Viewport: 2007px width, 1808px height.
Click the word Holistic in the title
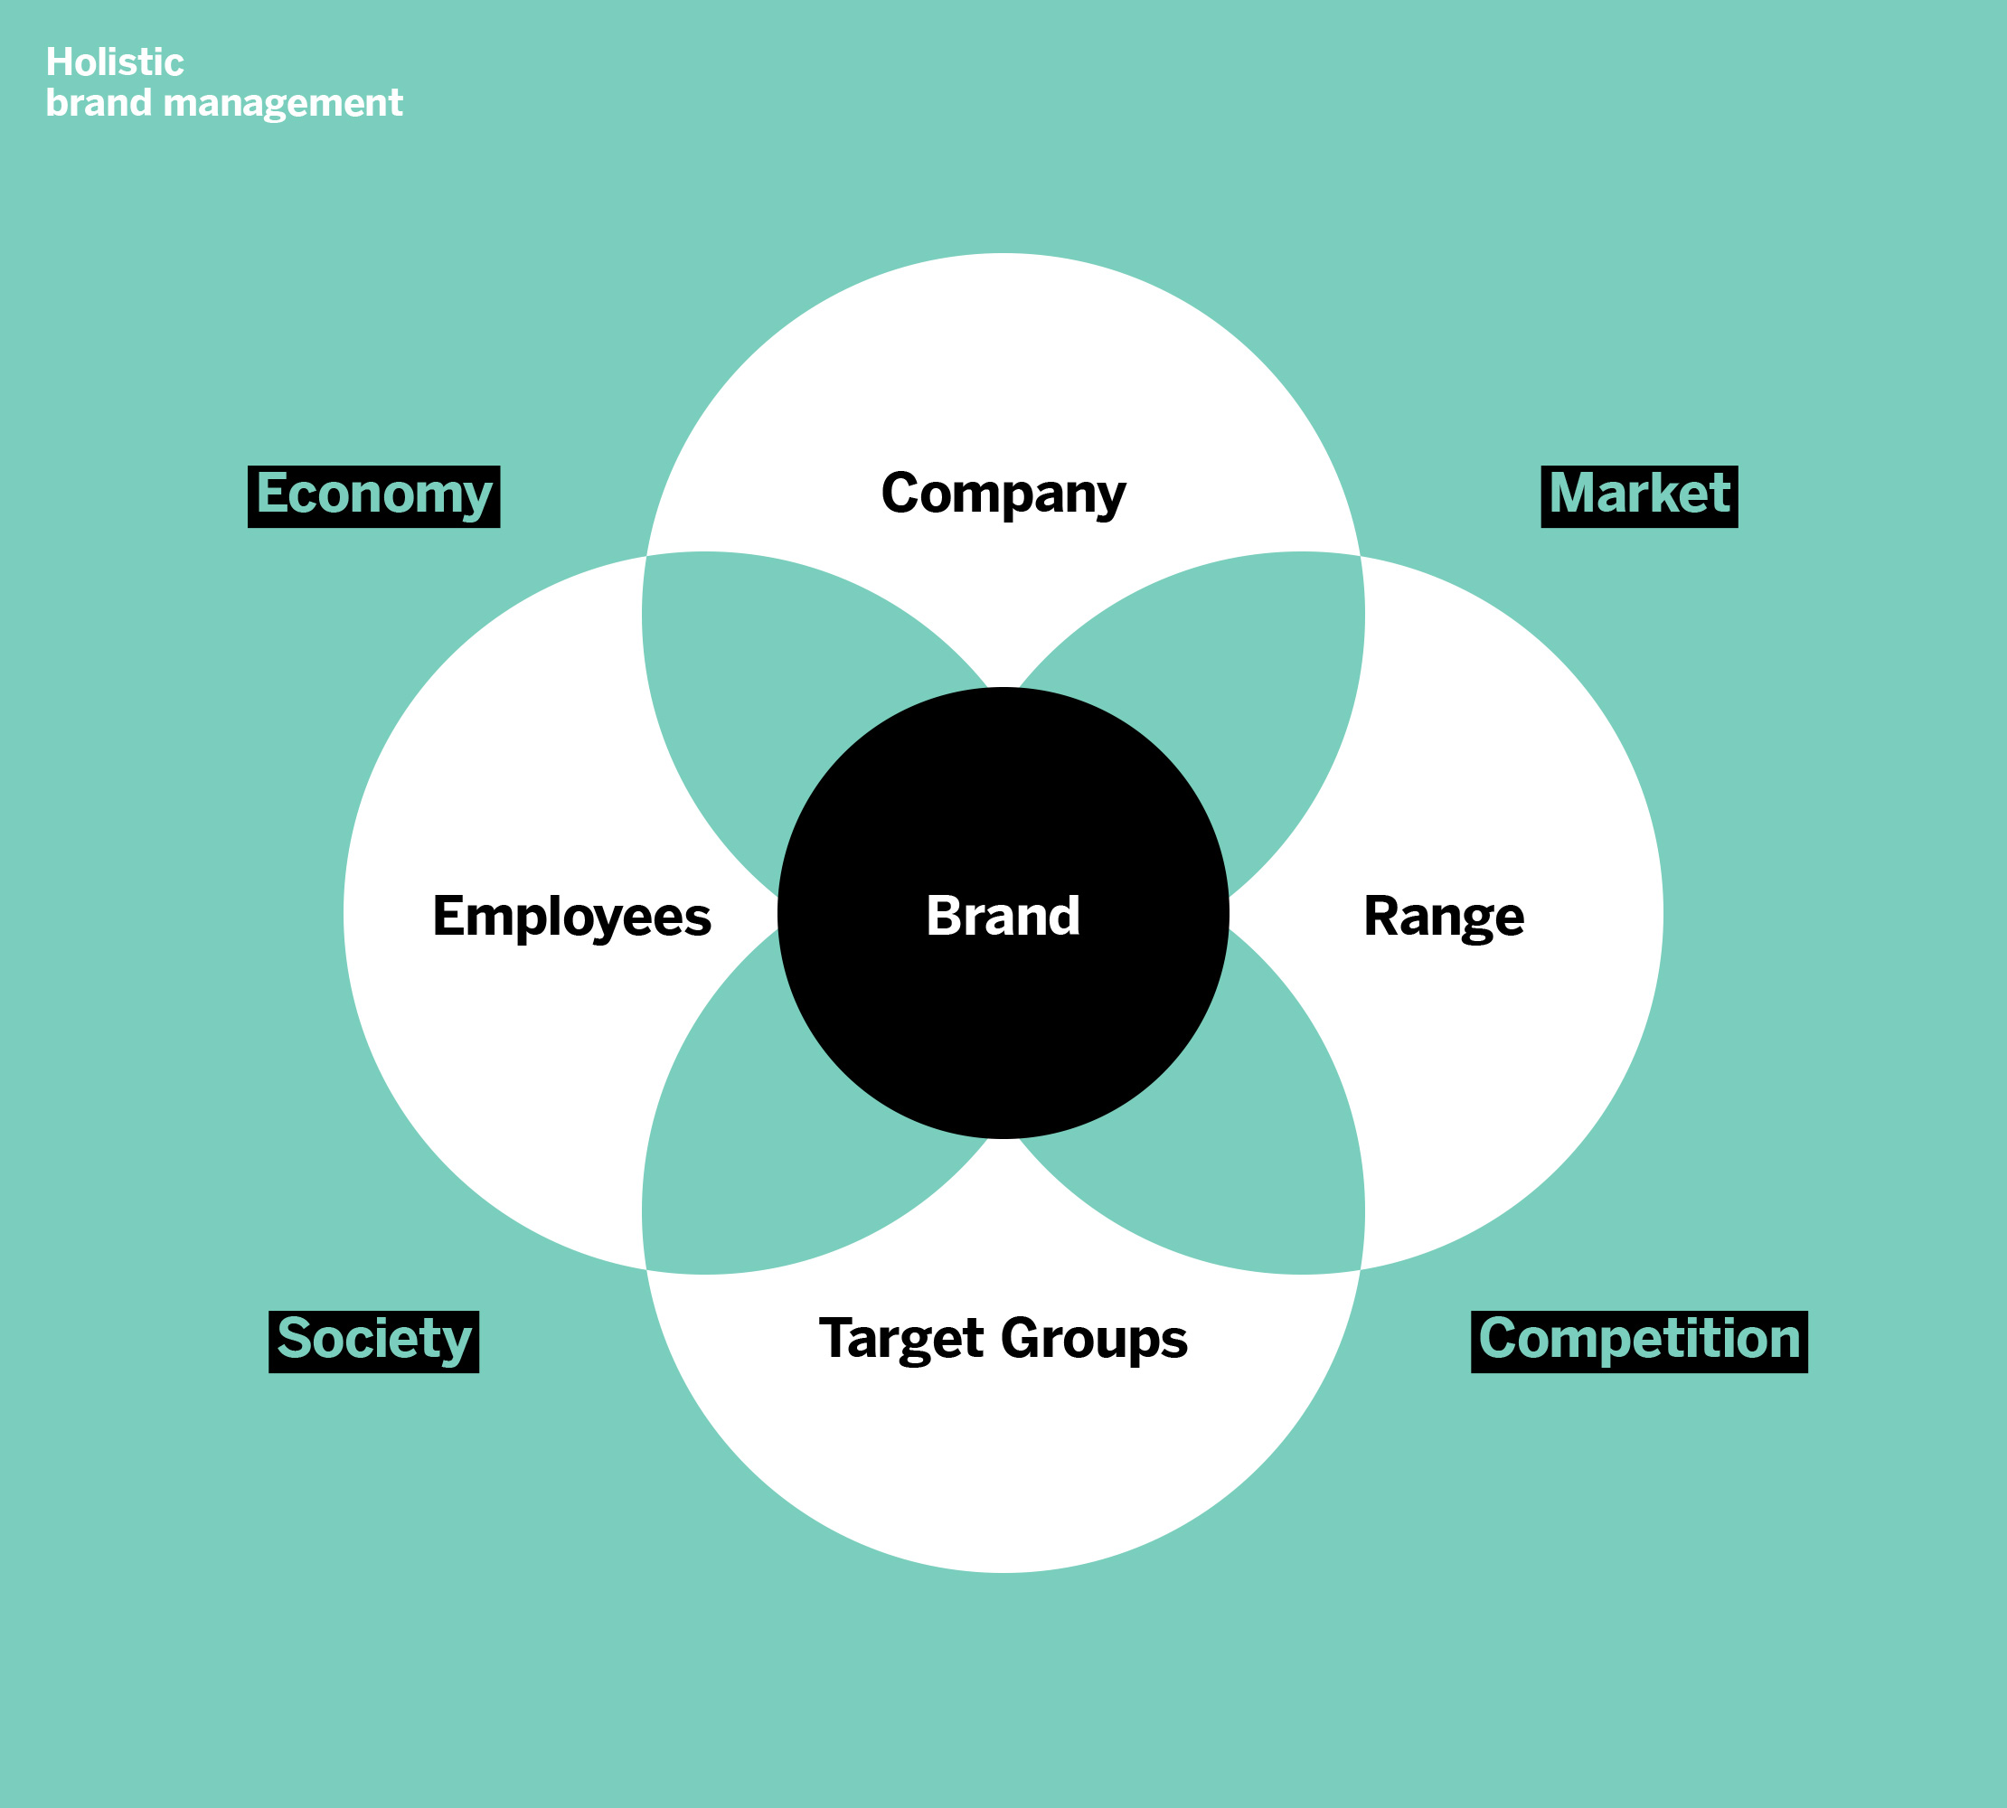point(114,62)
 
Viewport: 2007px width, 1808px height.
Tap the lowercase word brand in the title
point(99,103)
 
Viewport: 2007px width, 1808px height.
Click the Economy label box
point(373,495)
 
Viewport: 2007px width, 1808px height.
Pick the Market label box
point(1638,495)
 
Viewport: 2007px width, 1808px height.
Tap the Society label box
point(373,1342)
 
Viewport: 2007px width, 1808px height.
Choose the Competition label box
point(1638,1342)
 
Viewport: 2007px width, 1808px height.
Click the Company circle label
point(1003,494)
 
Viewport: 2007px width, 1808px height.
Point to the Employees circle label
point(571,916)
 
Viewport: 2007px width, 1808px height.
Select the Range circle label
point(1443,916)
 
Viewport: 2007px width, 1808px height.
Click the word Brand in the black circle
point(1003,915)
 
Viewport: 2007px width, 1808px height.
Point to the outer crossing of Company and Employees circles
point(646,556)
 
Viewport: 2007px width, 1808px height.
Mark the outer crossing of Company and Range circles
point(1361,556)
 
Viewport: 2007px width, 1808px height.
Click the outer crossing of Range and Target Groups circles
point(1361,1269)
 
